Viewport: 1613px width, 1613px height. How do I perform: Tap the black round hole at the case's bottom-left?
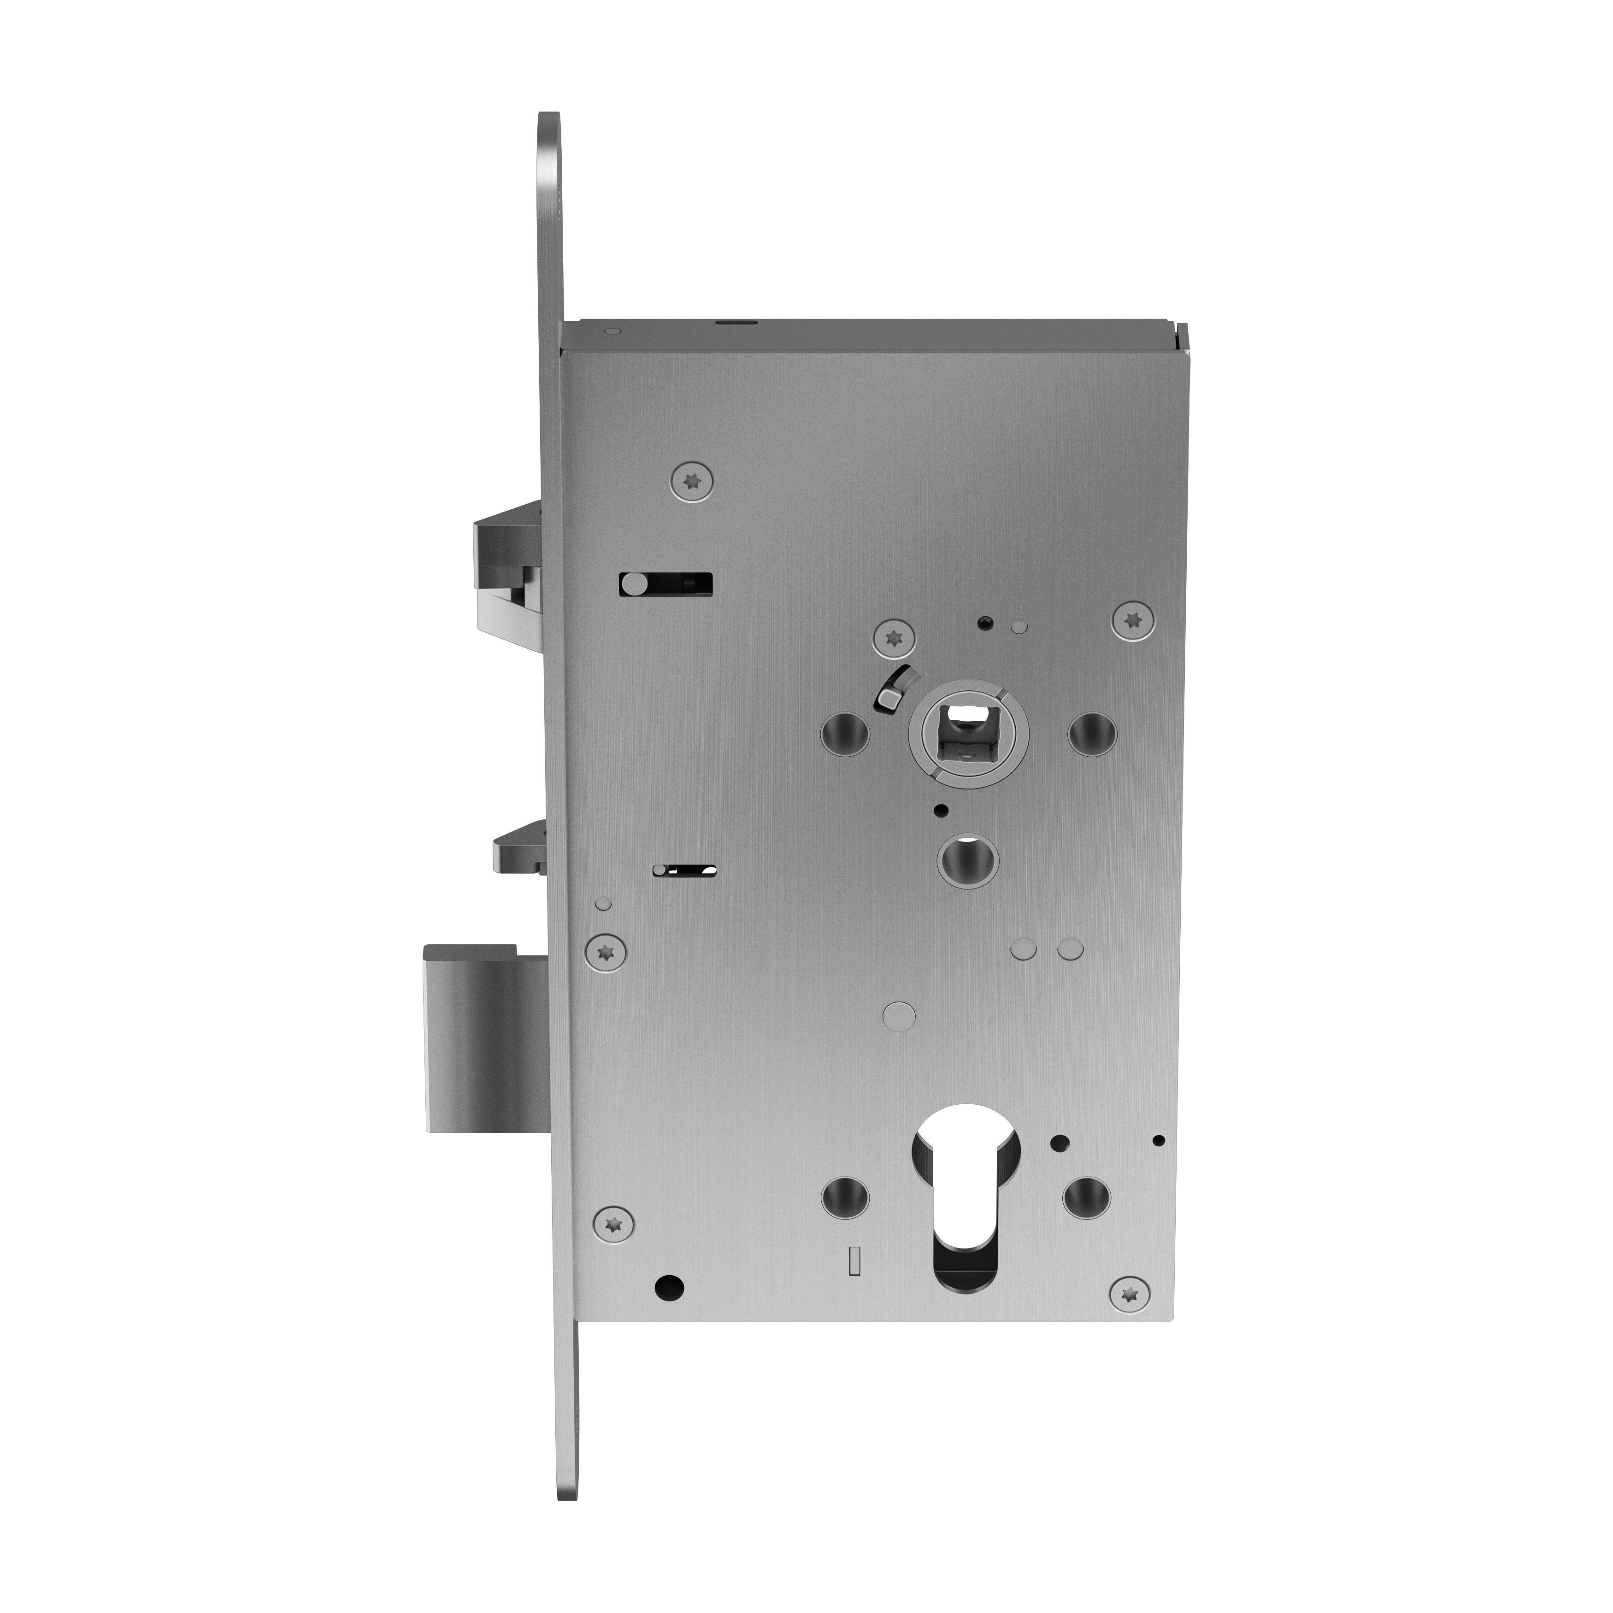click(670, 1287)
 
